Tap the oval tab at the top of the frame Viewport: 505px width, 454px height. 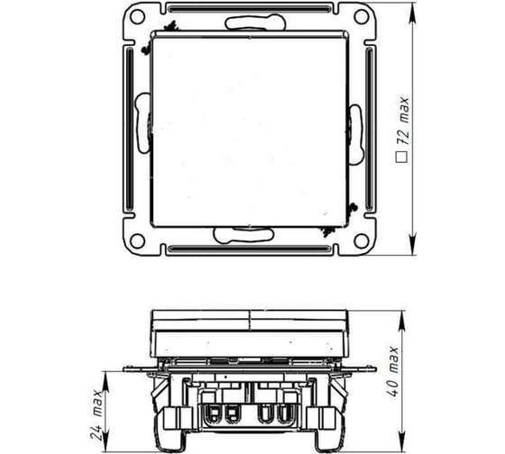click(249, 21)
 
